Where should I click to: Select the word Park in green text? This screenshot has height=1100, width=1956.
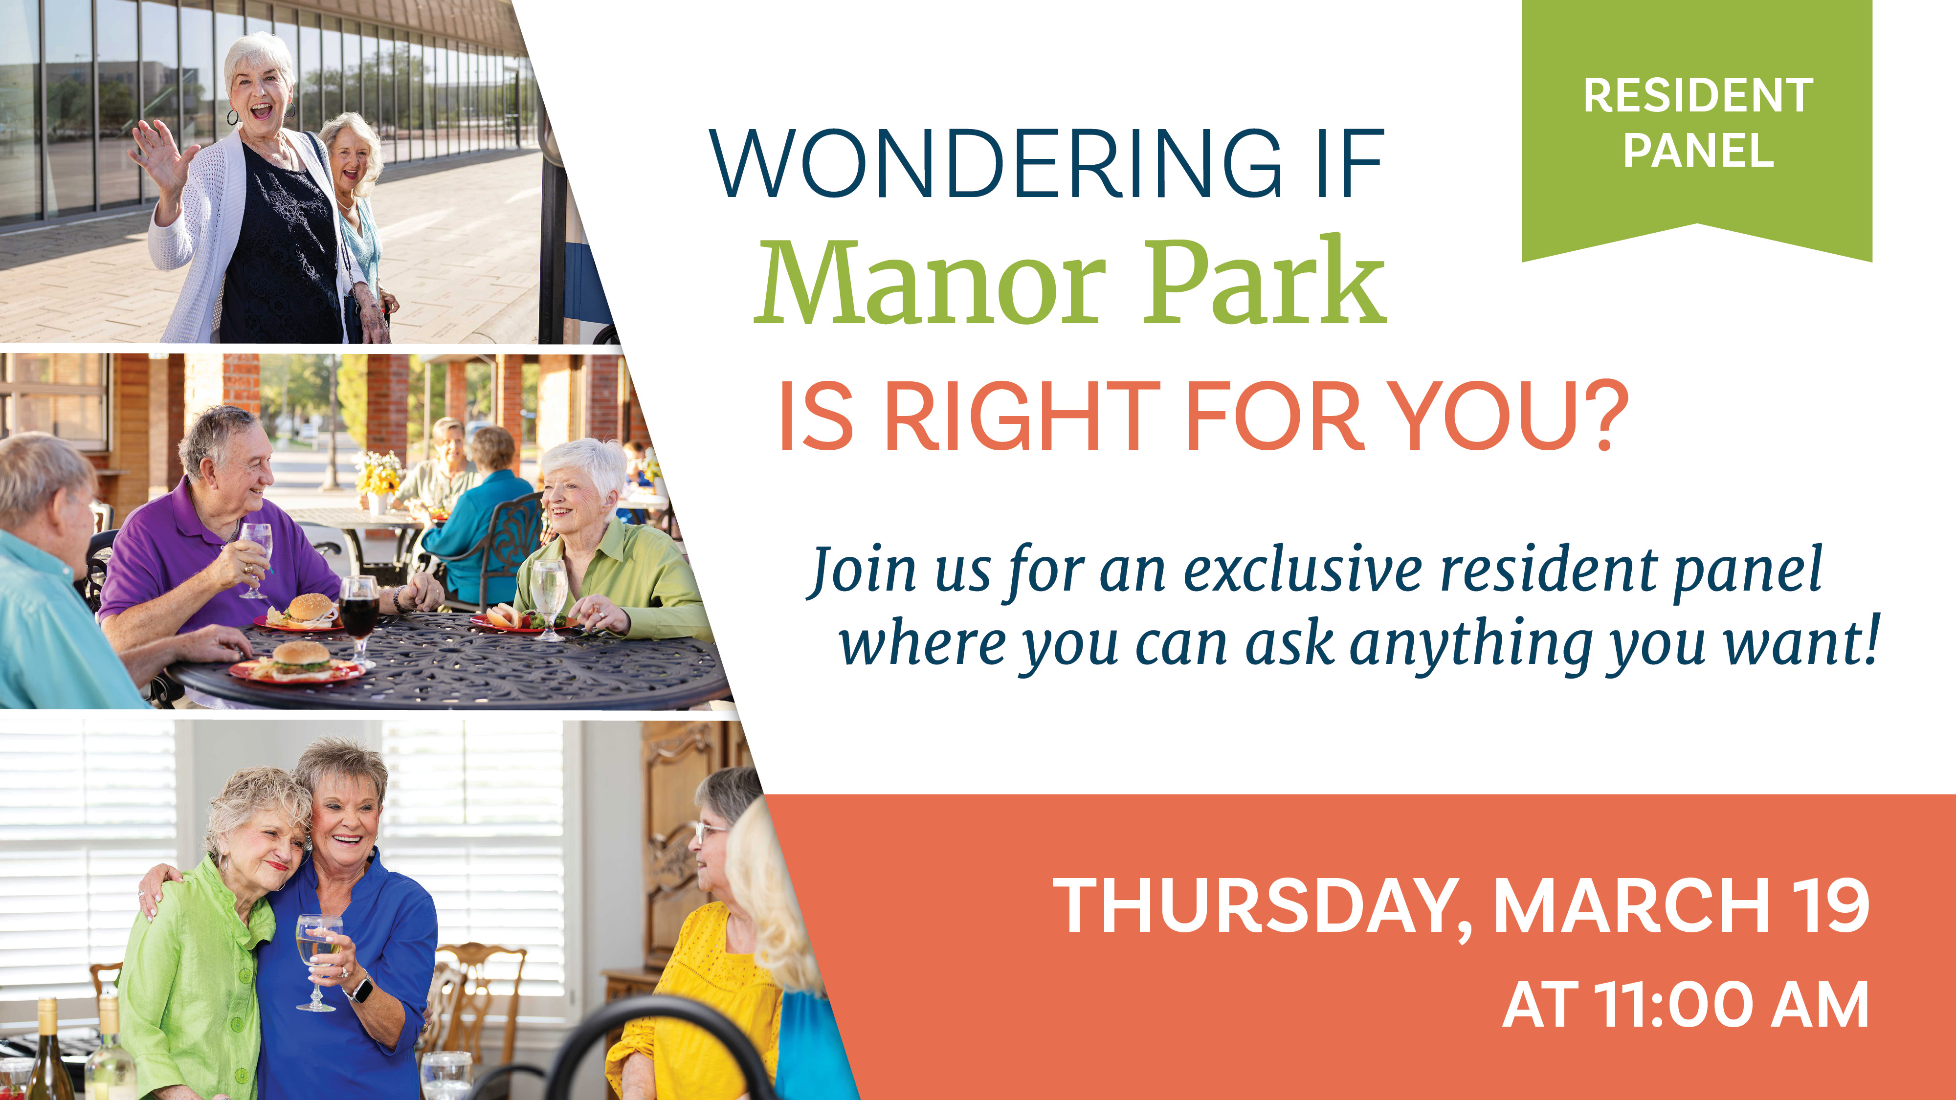click(1264, 283)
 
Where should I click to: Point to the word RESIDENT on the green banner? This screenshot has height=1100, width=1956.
click(1698, 96)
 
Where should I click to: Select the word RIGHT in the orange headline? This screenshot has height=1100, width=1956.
click(1022, 416)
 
